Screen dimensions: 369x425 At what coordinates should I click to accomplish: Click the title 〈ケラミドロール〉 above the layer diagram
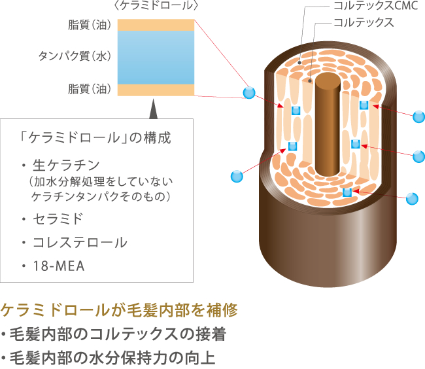(156, 7)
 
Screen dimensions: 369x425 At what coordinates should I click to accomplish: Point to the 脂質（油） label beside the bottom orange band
(89, 88)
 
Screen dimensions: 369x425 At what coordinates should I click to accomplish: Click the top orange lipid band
(156, 25)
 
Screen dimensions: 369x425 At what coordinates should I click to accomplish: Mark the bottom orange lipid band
(156, 90)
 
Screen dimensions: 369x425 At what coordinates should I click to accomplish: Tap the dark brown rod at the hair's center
(325, 124)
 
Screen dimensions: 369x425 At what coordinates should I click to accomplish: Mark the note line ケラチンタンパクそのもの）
(101, 196)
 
